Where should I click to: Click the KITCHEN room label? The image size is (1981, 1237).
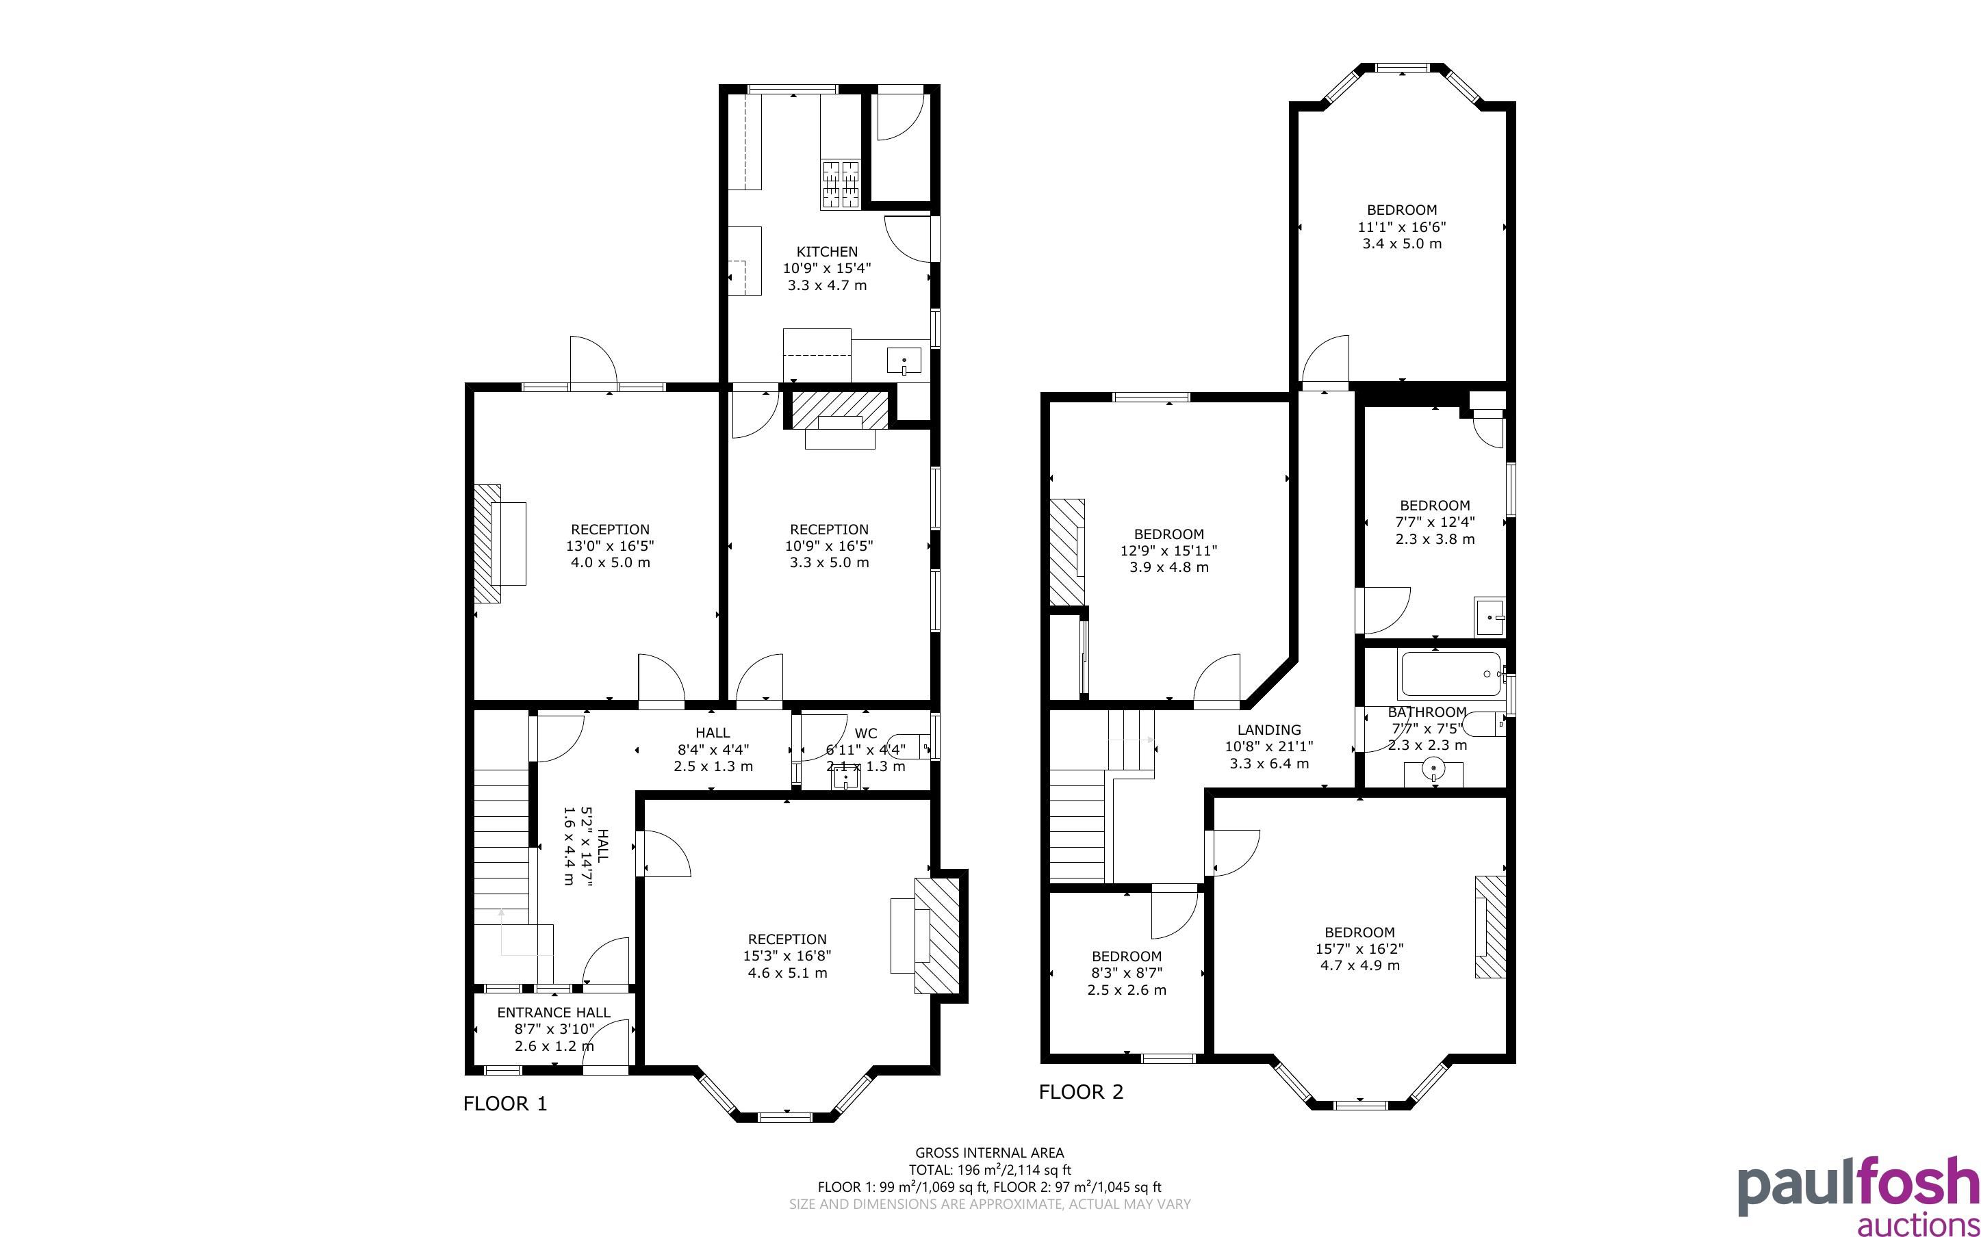(828, 252)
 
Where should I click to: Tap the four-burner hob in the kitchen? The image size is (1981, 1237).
(841, 183)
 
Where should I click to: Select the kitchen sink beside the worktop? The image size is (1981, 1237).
(904, 360)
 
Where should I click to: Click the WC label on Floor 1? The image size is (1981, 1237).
(866, 733)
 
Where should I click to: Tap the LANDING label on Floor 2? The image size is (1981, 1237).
(1269, 730)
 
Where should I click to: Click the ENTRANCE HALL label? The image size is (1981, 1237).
(554, 1013)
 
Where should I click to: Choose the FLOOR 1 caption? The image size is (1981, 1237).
(505, 1104)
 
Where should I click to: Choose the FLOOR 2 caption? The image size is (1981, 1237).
(1081, 1092)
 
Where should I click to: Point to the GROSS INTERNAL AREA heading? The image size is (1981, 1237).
(989, 1153)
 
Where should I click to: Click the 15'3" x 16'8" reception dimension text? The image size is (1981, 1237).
(788, 956)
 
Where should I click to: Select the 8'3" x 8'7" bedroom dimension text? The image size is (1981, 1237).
(1127, 973)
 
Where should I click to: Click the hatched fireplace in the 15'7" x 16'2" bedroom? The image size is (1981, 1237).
(1490, 927)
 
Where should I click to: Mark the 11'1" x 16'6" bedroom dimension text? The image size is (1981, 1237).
(1402, 226)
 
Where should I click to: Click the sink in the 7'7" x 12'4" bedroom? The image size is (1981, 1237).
(1490, 618)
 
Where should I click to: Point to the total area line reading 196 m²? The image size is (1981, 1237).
(989, 1170)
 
